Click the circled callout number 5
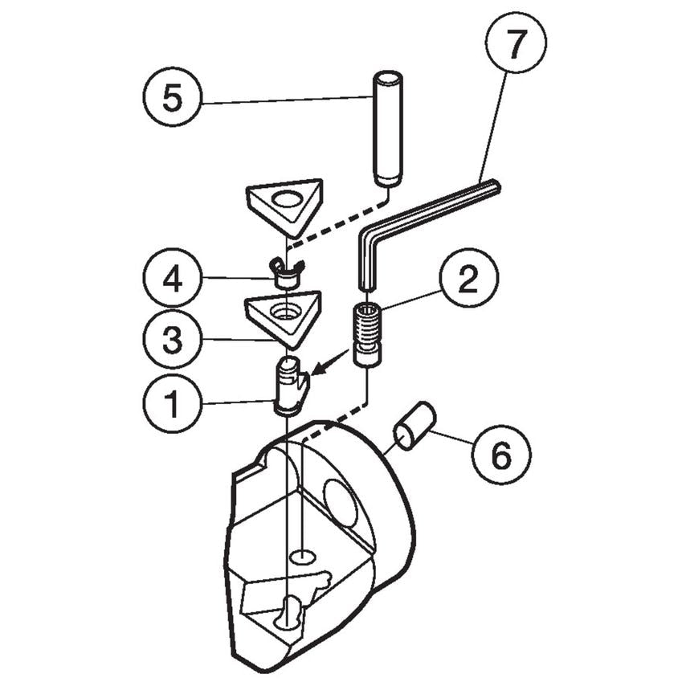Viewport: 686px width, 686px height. [x=171, y=99]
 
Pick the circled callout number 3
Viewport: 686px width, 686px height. [x=171, y=340]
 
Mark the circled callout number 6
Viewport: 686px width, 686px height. [x=501, y=455]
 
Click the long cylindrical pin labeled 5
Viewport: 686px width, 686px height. [x=389, y=129]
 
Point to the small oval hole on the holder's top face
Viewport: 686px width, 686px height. [x=303, y=556]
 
